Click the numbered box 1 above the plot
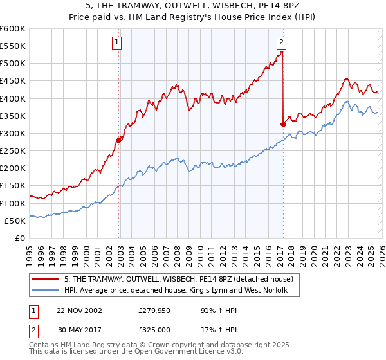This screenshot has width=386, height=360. tap(116, 43)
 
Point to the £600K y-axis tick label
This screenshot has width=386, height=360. tap(13, 29)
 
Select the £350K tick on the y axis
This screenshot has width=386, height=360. tap(13, 116)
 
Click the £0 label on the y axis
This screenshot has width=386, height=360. tap(19, 238)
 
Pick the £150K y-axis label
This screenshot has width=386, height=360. tap(13, 186)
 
